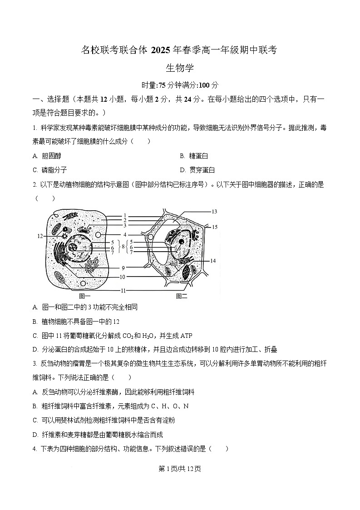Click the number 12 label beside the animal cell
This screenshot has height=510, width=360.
pos(39,236)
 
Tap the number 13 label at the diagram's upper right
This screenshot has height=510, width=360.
pos(214,212)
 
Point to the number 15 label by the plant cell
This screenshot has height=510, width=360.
pos(215,227)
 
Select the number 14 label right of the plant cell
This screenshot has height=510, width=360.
pos(213,261)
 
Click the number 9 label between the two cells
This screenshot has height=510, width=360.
pos(123,268)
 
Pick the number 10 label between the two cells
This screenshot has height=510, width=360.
pos(123,277)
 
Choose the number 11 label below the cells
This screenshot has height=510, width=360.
pos(123,290)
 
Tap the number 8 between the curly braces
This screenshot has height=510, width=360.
pos(123,247)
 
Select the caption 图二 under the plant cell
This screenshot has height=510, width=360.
pos(182,297)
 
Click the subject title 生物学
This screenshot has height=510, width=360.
pos(180,68)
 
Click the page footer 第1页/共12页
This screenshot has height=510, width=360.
pos(180,469)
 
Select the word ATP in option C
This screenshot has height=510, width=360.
pos(187,336)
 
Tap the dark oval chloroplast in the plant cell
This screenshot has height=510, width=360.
pos(187,273)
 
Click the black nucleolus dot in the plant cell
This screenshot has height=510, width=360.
pos(181,241)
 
